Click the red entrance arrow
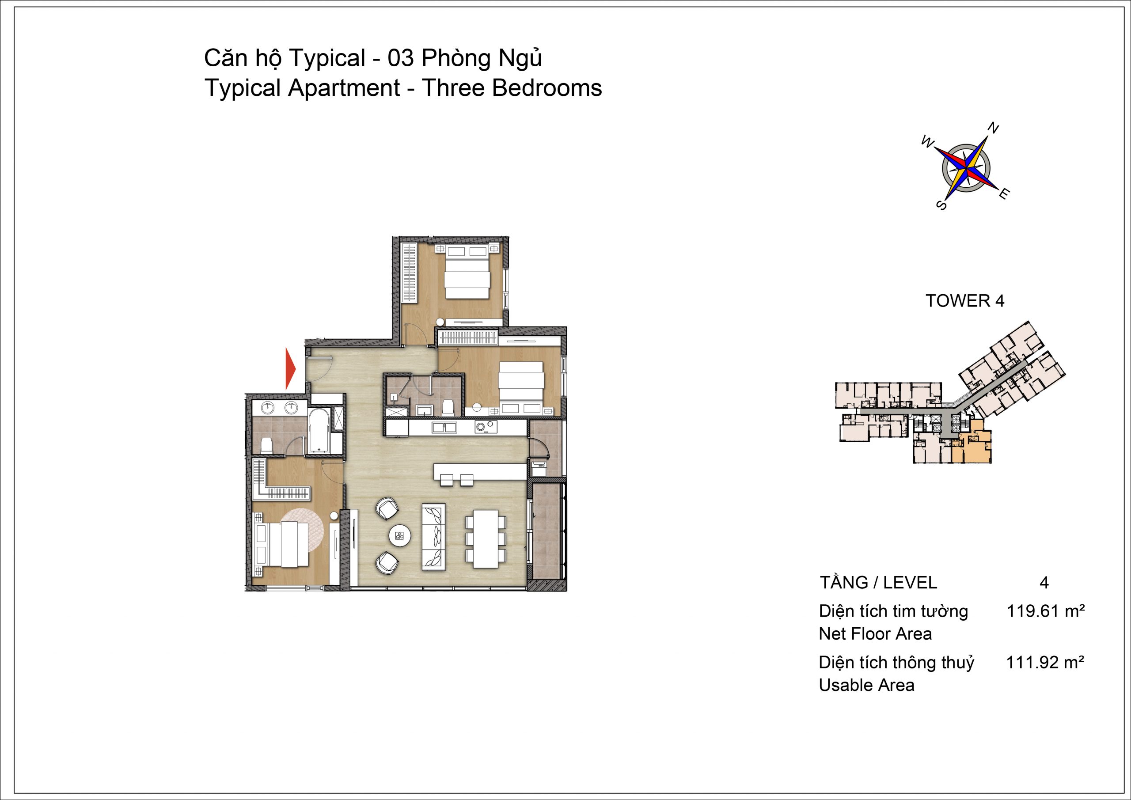click(291, 368)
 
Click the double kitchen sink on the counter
click(445, 427)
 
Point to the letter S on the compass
click(941, 205)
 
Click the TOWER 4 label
click(965, 300)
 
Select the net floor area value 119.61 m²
click(1045, 611)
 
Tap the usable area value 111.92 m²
click(1045, 663)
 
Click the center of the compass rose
click(966, 167)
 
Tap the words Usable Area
click(866, 685)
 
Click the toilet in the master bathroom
click(266, 445)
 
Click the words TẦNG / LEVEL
click(878, 583)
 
